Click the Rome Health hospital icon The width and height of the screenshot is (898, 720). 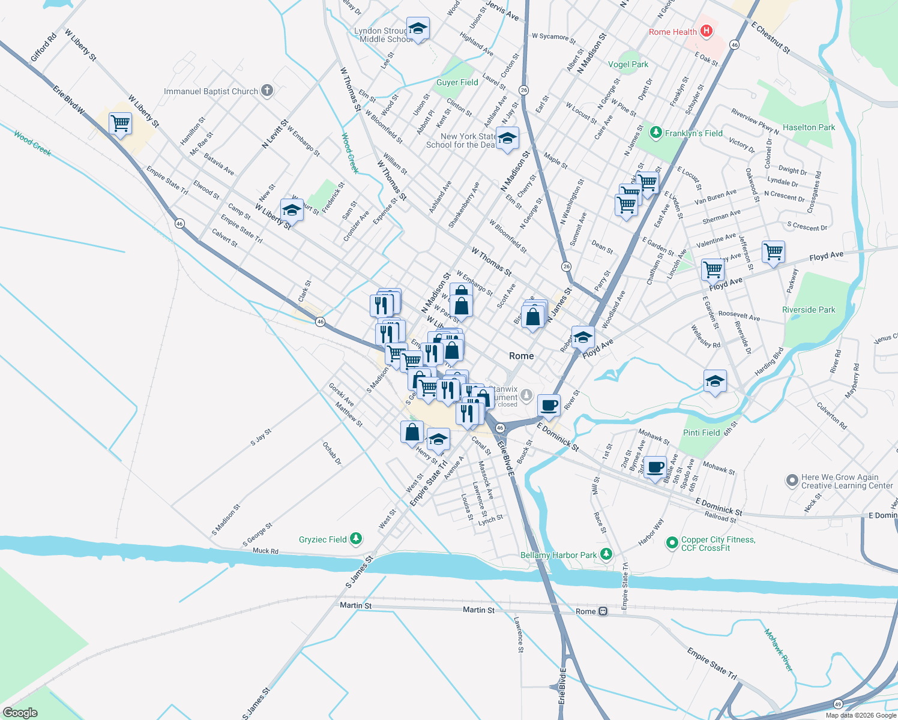(x=707, y=31)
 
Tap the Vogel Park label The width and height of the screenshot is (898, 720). (x=628, y=64)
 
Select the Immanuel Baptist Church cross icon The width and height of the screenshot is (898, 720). (x=267, y=91)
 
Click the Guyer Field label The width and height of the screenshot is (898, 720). (x=457, y=82)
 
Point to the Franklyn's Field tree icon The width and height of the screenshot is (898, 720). (x=656, y=133)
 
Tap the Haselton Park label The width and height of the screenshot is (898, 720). (x=809, y=127)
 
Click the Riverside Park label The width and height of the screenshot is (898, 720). (x=809, y=310)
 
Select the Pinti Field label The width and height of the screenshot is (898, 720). (x=701, y=433)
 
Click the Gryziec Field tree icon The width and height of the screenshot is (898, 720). (x=356, y=539)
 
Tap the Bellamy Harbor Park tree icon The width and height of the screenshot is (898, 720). (x=606, y=554)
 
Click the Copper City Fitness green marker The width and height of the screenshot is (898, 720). (x=672, y=543)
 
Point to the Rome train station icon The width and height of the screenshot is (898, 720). (x=603, y=611)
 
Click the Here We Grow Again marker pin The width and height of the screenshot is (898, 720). (x=792, y=481)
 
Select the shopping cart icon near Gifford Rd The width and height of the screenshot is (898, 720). (x=120, y=124)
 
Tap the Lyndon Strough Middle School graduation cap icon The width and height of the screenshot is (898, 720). (x=418, y=28)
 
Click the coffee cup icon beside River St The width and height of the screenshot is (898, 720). (x=549, y=405)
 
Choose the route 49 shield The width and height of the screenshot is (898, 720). (x=838, y=704)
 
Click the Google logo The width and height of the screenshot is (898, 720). (x=20, y=712)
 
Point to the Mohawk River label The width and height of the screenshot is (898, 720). (x=779, y=650)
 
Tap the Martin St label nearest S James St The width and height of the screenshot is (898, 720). (x=355, y=605)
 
